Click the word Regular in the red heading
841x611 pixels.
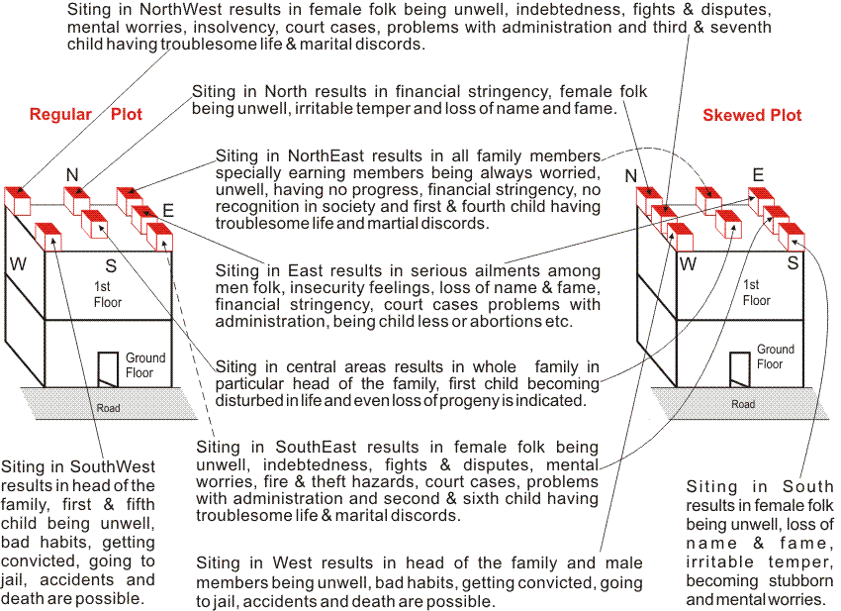tap(60, 115)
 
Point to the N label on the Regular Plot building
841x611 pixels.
tap(72, 175)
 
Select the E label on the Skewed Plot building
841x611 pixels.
tap(758, 176)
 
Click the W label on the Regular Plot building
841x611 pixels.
tap(18, 263)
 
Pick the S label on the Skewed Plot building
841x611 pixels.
tap(794, 264)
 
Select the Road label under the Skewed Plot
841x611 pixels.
tap(743, 404)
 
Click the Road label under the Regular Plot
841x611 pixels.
tap(108, 408)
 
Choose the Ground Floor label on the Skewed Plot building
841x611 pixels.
tap(775, 356)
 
